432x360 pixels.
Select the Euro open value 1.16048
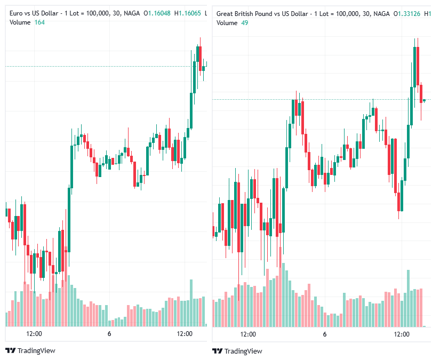(159, 13)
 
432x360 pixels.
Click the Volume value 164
(39, 22)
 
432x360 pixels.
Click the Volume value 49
(244, 23)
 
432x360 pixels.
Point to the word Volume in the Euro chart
(20, 22)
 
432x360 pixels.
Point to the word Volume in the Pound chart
(227, 23)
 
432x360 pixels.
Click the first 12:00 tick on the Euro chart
(34, 334)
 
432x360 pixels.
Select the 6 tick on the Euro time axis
(109, 334)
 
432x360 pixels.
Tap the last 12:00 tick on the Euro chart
(185, 334)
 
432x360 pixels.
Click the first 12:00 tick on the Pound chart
(248, 334)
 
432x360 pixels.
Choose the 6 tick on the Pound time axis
(324, 334)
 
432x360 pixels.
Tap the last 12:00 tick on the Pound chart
(402, 334)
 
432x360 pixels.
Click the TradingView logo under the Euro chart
(30, 350)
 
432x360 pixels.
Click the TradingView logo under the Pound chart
(237, 351)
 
